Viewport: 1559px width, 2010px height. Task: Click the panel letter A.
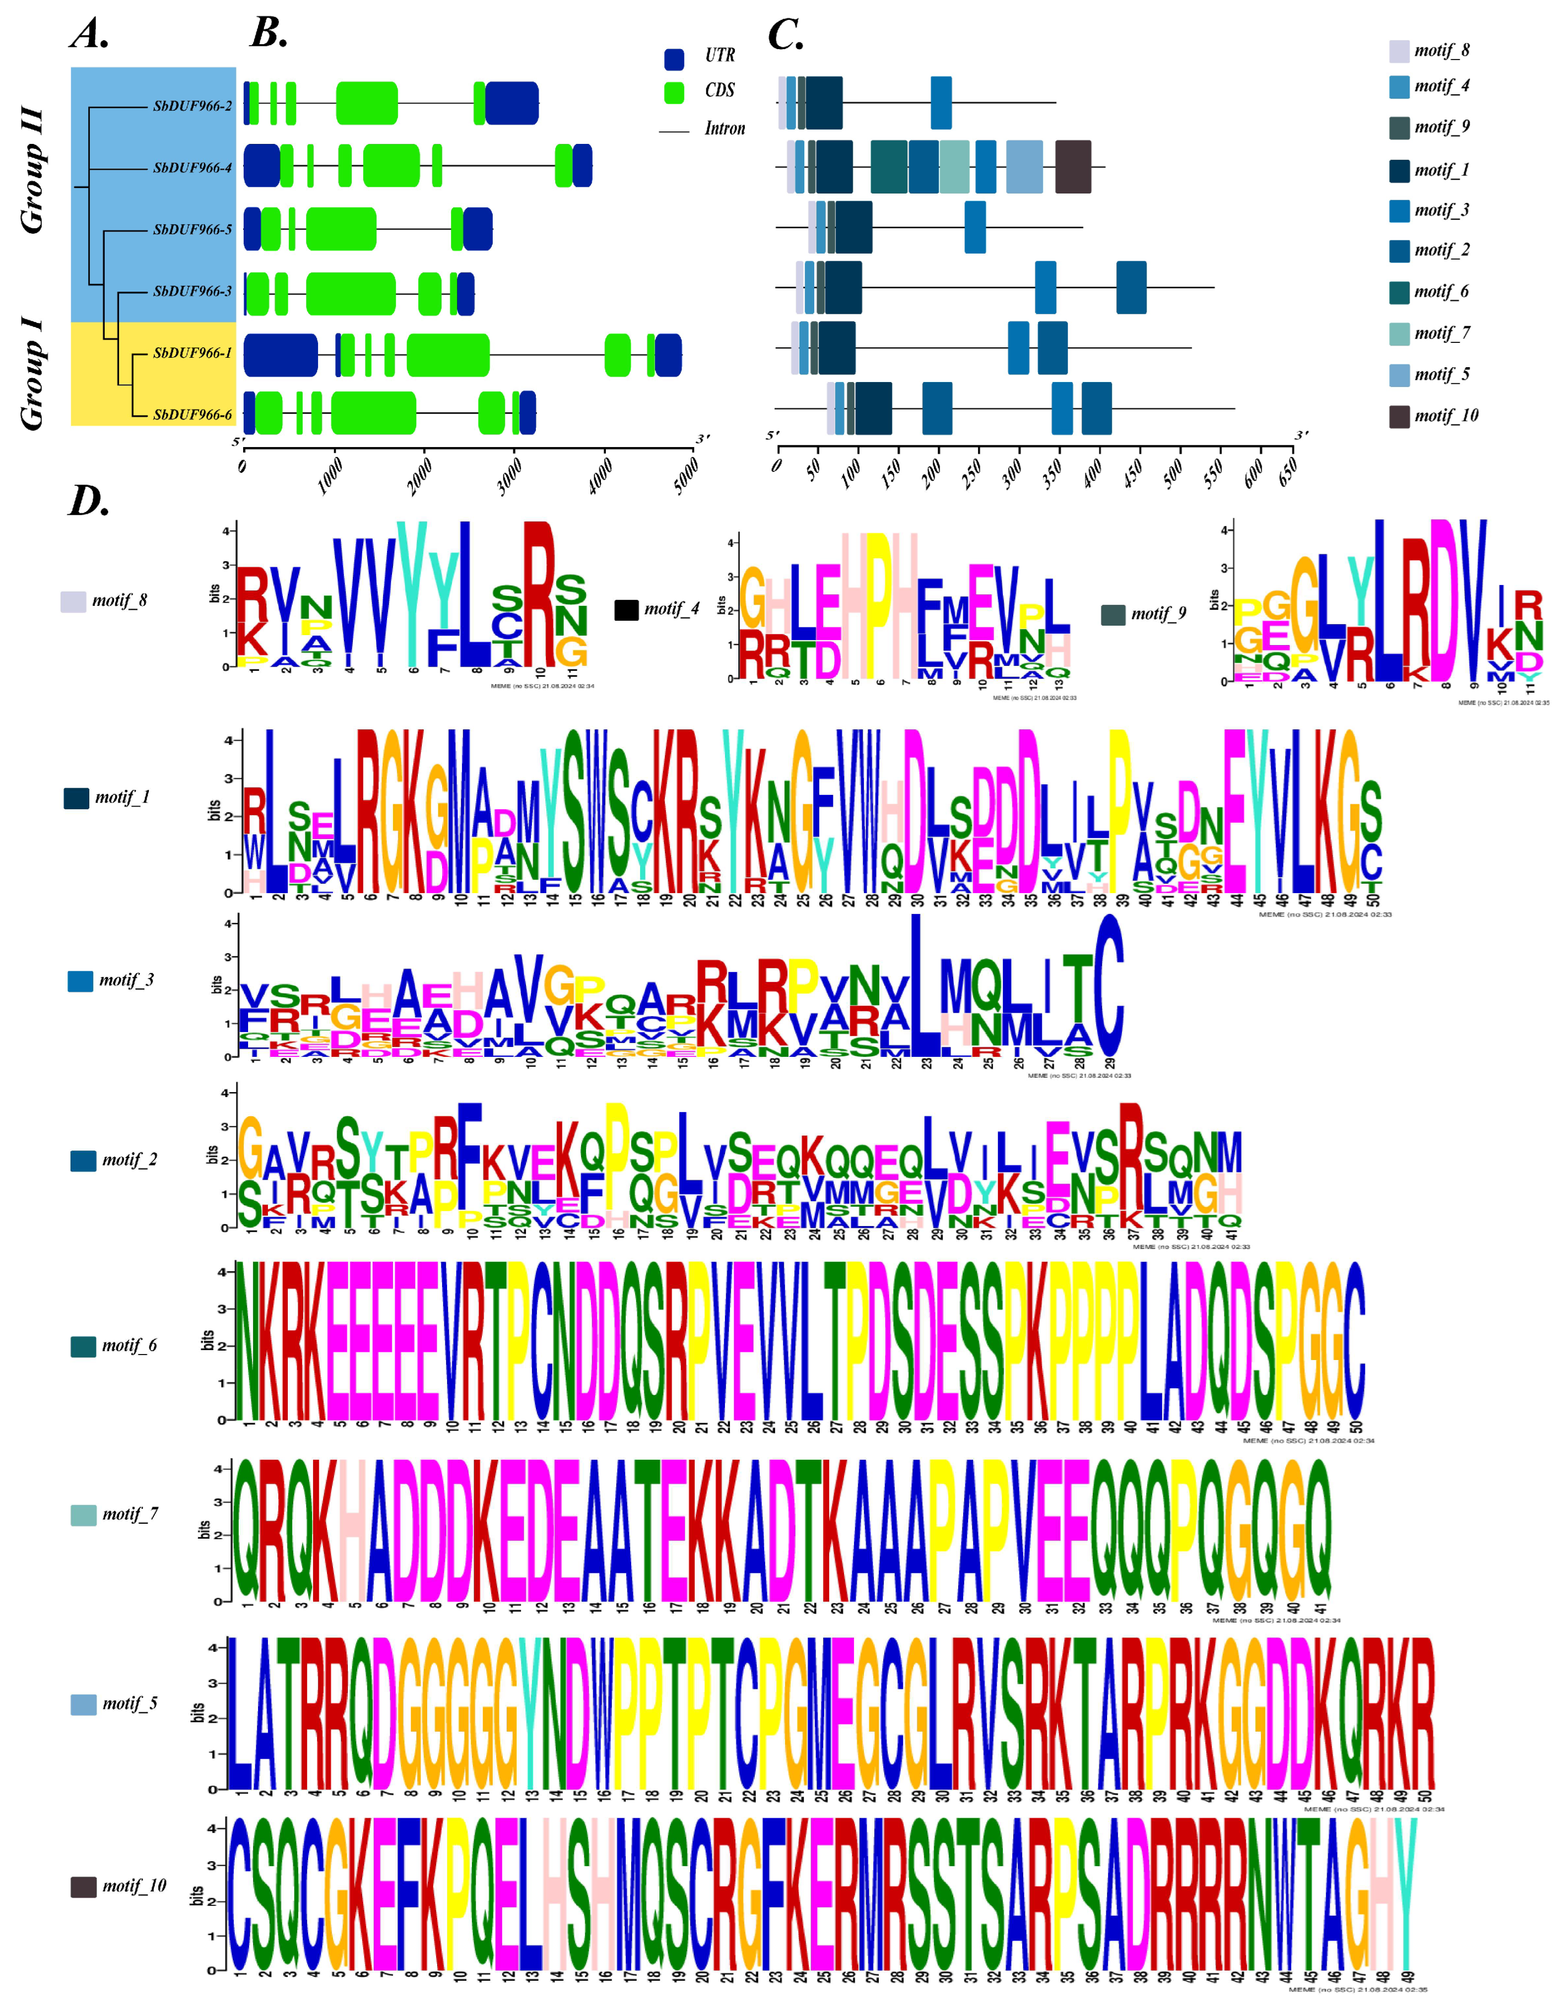89,35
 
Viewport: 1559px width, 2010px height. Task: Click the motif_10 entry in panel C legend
1445,416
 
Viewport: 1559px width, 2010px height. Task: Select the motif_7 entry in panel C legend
1441,333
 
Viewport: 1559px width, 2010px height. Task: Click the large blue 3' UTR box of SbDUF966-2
512,103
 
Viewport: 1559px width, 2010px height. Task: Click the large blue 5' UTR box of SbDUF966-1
280,355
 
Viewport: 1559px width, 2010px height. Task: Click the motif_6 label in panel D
129,1346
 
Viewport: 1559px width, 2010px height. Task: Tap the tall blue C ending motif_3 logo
1109,987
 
